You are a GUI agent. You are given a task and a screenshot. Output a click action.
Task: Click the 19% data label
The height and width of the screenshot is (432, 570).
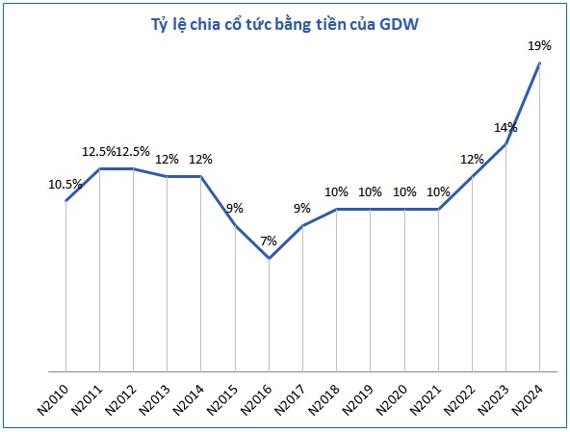coord(539,45)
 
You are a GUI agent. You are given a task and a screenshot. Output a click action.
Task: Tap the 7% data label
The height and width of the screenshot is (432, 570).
coord(269,241)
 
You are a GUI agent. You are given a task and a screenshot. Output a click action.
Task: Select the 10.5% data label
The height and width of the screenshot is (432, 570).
coord(65,183)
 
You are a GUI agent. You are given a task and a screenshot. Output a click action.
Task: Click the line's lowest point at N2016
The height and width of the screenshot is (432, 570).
coord(270,258)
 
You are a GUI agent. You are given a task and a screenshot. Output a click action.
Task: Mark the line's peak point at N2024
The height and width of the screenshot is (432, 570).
coord(540,63)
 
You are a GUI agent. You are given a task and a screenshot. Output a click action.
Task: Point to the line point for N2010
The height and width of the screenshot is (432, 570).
coord(65,201)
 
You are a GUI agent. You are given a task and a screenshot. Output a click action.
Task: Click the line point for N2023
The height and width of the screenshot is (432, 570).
coord(506,144)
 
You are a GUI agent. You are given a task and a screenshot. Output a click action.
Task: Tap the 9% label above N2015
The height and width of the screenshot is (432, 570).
coord(235,208)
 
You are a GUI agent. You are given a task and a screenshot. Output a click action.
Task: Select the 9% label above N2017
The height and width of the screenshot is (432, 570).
coord(303,208)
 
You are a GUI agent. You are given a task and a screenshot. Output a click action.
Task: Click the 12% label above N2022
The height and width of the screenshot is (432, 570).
coord(473,160)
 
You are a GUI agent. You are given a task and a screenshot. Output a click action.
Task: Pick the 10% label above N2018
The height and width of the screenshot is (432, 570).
coord(337,191)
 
